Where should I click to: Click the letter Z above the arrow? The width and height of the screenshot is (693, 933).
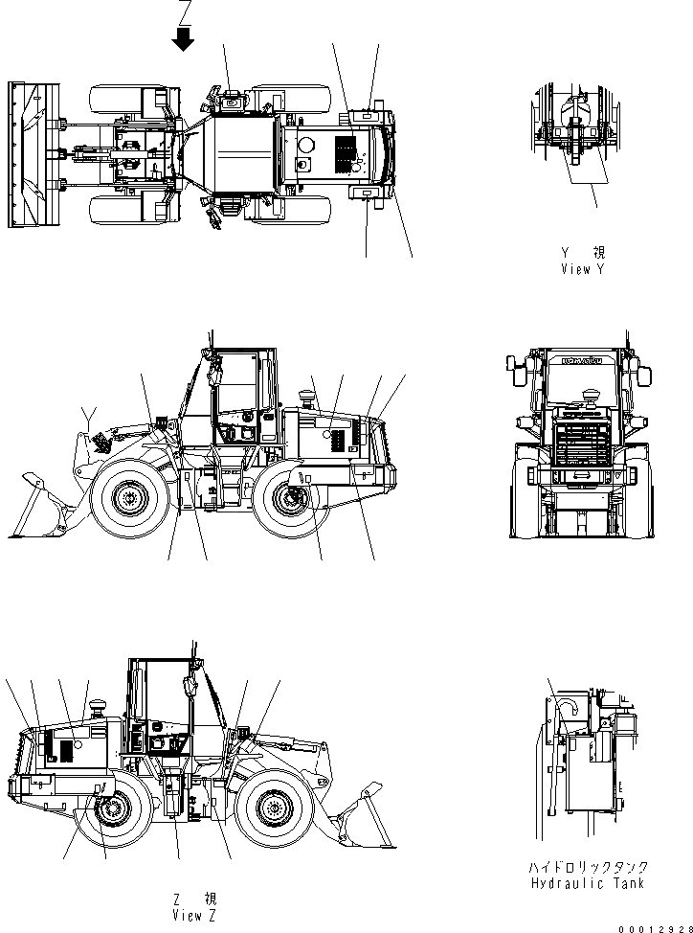point(185,11)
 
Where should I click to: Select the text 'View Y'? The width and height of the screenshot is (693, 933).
point(583,269)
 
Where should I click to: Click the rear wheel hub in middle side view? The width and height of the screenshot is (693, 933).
point(291,498)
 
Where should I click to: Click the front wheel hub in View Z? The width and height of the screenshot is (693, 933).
point(271,811)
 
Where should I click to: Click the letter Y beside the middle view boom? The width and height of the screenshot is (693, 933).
point(89,413)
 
